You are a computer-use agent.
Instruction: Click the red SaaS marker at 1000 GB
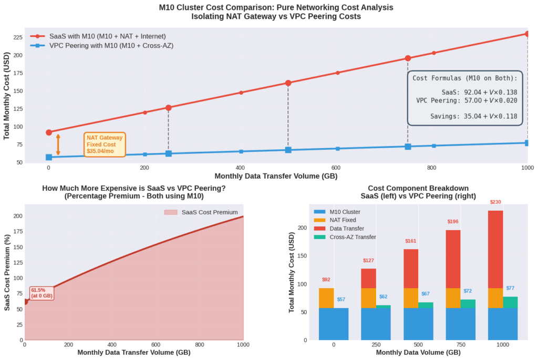click(527, 34)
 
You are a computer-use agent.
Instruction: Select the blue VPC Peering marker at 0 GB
click(49, 157)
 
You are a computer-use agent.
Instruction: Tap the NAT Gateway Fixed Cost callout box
click(105, 145)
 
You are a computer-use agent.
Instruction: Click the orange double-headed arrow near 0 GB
click(58, 145)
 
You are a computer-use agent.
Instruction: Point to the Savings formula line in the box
click(465, 116)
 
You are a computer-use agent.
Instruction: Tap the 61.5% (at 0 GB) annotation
click(42, 293)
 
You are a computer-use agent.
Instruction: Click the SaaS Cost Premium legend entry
click(209, 212)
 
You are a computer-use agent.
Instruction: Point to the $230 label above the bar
click(495, 202)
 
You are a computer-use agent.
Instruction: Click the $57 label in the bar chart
click(341, 300)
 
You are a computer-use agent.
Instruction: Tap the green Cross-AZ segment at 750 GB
click(468, 304)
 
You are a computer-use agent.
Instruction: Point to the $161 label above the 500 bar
click(411, 241)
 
